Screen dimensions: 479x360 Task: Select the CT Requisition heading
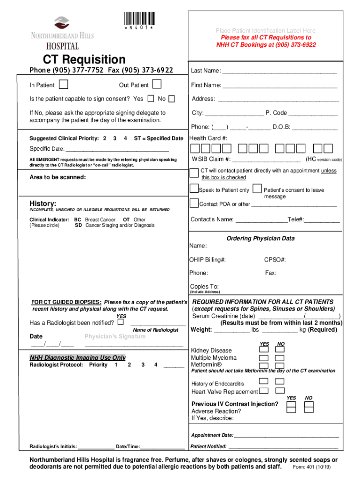coord(84,60)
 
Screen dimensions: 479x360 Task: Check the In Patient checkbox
coord(64,84)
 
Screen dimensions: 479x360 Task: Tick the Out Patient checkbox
coord(157,84)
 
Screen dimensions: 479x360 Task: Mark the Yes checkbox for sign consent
coord(151,99)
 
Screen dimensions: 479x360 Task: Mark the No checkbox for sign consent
coord(172,99)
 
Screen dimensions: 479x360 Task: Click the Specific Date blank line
coord(117,150)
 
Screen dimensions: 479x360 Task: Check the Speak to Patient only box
coord(194,189)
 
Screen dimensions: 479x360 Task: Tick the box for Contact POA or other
coord(194,203)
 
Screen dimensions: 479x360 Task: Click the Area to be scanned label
coord(58,177)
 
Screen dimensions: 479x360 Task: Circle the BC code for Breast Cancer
coord(78,219)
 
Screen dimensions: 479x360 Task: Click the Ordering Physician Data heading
coord(260,239)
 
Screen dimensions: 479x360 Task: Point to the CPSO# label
coord(275,260)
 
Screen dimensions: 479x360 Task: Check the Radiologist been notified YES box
coord(121,322)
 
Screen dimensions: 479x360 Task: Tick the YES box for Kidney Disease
coord(264,348)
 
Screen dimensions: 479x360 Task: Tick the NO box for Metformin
coord(280,365)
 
